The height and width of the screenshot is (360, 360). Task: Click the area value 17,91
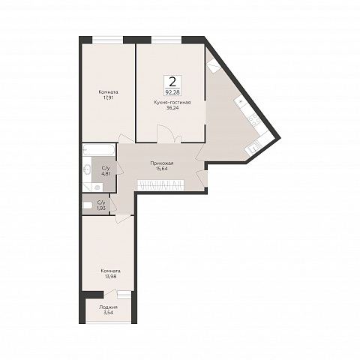108,97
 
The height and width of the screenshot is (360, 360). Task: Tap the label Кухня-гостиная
172,103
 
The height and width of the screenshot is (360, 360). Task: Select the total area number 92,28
172,92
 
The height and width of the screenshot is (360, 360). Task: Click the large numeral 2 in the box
172,82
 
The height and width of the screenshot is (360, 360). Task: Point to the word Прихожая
162,163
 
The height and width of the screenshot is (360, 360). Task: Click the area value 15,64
162,169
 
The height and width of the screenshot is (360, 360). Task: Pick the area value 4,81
105,172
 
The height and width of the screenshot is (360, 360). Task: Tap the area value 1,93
101,208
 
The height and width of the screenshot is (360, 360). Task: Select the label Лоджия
108,307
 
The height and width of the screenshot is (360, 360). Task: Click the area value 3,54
108,313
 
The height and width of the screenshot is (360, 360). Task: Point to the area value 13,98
110,276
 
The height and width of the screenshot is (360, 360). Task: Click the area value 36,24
172,108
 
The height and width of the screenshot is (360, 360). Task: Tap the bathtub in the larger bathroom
99,150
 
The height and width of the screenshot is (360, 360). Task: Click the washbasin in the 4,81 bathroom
87,170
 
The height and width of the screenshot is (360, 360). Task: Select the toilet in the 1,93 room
87,205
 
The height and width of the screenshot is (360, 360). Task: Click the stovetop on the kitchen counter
255,120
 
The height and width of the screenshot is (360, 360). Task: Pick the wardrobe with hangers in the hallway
160,185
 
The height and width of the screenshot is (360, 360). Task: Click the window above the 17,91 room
108,40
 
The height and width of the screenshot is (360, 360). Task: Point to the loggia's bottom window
109,323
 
